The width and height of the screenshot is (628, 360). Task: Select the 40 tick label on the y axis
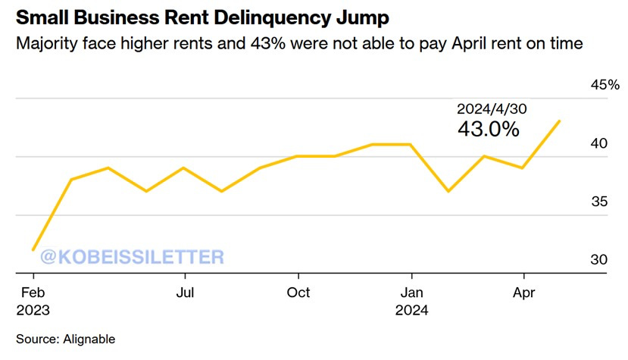click(x=598, y=143)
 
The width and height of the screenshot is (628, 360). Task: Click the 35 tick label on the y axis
click(x=598, y=202)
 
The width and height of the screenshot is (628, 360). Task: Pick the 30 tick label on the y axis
click(x=598, y=260)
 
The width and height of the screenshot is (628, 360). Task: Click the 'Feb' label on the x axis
click(x=33, y=292)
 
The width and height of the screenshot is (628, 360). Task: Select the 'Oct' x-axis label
click(x=298, y=292)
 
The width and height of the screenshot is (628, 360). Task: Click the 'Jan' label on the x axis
click(x=411, y=292)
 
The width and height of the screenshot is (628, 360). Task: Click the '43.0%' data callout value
click(x=488, y=129)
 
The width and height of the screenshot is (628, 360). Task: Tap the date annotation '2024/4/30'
click(x=491, y=109)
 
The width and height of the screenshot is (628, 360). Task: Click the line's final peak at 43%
click(x=560, y=121)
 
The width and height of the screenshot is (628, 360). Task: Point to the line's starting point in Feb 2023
click(x=33, y=249)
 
